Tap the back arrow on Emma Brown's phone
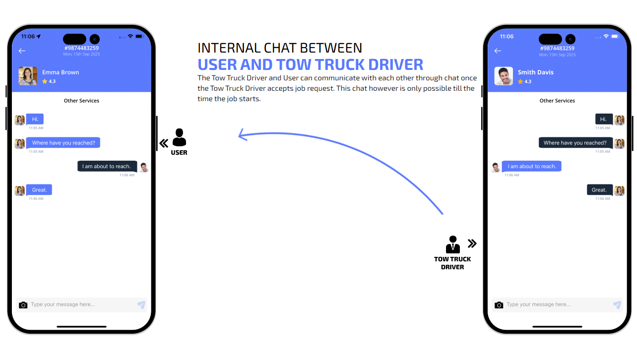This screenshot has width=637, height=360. (x=22, y=51)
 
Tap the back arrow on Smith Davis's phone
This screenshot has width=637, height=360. (x=498, y=51)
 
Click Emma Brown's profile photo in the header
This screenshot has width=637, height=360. (x=28, y=76)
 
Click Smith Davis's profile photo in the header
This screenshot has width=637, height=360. (x=504, y=76)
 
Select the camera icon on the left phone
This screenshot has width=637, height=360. (x=23, y=305)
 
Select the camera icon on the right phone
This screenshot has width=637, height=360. (x=499, y=305)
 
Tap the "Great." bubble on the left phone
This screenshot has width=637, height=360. (x=39, y=190)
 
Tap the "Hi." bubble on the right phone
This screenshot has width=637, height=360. (x=603, y=119)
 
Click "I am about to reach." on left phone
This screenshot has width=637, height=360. (x=107, y=167)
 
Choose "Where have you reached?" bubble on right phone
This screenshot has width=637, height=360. (x=575, y=143)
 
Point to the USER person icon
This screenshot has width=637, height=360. (x=179, y=137)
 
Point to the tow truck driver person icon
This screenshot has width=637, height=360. (x=452, y=244)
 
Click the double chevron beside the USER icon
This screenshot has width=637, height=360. (x=164, y=144)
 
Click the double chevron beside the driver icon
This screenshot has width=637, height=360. (x=472, y=243)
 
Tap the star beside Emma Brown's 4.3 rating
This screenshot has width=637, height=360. (x=45, y=81)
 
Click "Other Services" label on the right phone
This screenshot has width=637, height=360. (x=557, y=101)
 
